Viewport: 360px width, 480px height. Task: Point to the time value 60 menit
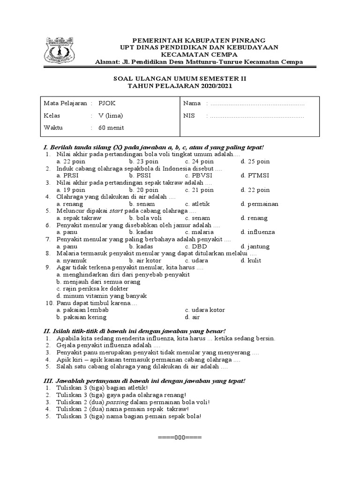coord(111,127)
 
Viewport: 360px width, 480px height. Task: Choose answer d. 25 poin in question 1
coord(255,162)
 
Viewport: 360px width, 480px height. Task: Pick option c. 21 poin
coord(199,190)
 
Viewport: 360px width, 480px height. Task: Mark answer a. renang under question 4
coord(69,204)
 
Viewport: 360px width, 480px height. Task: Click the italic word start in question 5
coord(116,211)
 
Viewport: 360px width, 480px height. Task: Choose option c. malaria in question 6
coord(199,232)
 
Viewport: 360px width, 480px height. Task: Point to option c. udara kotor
coord(205,310)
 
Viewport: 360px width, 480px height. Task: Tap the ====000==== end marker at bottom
coord(180,437)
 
